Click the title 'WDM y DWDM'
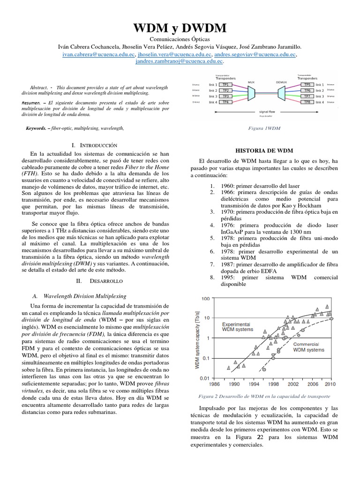click(x=180, y=29)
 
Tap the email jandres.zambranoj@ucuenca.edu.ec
click(x=179, y=61)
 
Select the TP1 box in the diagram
click(x=225, y=85)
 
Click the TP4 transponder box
click(x=225, y=102)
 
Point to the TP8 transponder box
click(x=307, y=102)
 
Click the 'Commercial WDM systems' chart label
click(x=308, y=346)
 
